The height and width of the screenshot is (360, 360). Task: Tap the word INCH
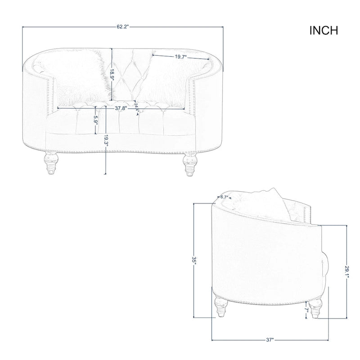(x=324, y=31)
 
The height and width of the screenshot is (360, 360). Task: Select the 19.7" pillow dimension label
(x=180, y=57)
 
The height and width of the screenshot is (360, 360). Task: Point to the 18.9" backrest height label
(x=112, y=74)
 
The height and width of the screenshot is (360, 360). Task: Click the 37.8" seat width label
(x=120, y=108)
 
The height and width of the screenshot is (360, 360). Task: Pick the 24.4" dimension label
(x=136, y=107)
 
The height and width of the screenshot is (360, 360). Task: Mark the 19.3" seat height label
(x=106, y=140)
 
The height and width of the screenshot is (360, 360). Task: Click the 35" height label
(x=194, y=261)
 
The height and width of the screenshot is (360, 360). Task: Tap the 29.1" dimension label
(x=346, y=272)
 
